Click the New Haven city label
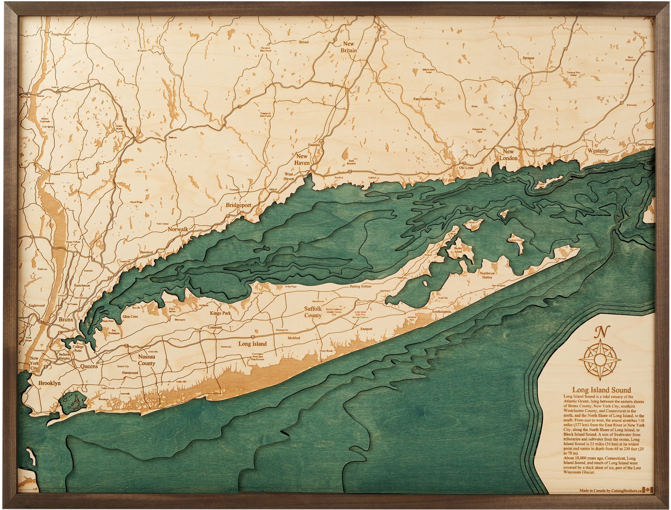point(302,159)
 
